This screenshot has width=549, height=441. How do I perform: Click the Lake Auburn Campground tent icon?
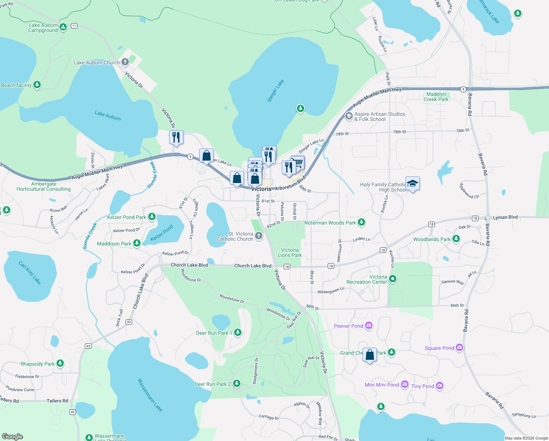tap(63, 27)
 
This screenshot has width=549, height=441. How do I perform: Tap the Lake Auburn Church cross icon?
tap(125, 62)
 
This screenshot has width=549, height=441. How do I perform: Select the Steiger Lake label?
tap(276, 91)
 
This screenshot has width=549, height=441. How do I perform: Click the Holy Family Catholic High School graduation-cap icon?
tap(412, 183)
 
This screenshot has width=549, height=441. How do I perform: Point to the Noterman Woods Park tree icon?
tap(361, 222)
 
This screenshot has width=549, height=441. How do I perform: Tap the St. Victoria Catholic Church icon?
tap(259, 236)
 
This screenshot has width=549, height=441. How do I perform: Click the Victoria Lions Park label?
tap(290, 252)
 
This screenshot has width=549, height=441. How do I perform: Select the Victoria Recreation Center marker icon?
tap(393, 279)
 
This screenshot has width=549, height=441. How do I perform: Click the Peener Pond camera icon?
tap(369, 325)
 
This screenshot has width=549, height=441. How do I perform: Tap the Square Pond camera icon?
tap(459, 347)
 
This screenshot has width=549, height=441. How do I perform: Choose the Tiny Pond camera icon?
tap(440, 386)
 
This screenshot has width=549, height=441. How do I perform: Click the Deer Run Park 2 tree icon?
tap(237, 384)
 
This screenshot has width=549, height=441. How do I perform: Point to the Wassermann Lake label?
tap(150, 395)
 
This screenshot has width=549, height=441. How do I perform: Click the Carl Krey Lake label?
tap(30, 273)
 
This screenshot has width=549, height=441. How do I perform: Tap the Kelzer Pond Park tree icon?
tap(152, 217)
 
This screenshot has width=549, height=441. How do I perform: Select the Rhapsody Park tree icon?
tap(60, 363)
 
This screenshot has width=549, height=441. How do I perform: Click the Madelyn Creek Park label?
tap(436, 97)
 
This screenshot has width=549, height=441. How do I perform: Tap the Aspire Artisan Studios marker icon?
tap(349, 116)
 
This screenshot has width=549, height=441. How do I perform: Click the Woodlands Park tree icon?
tap(456, 239)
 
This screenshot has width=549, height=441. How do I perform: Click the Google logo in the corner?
tap(12, 436)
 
